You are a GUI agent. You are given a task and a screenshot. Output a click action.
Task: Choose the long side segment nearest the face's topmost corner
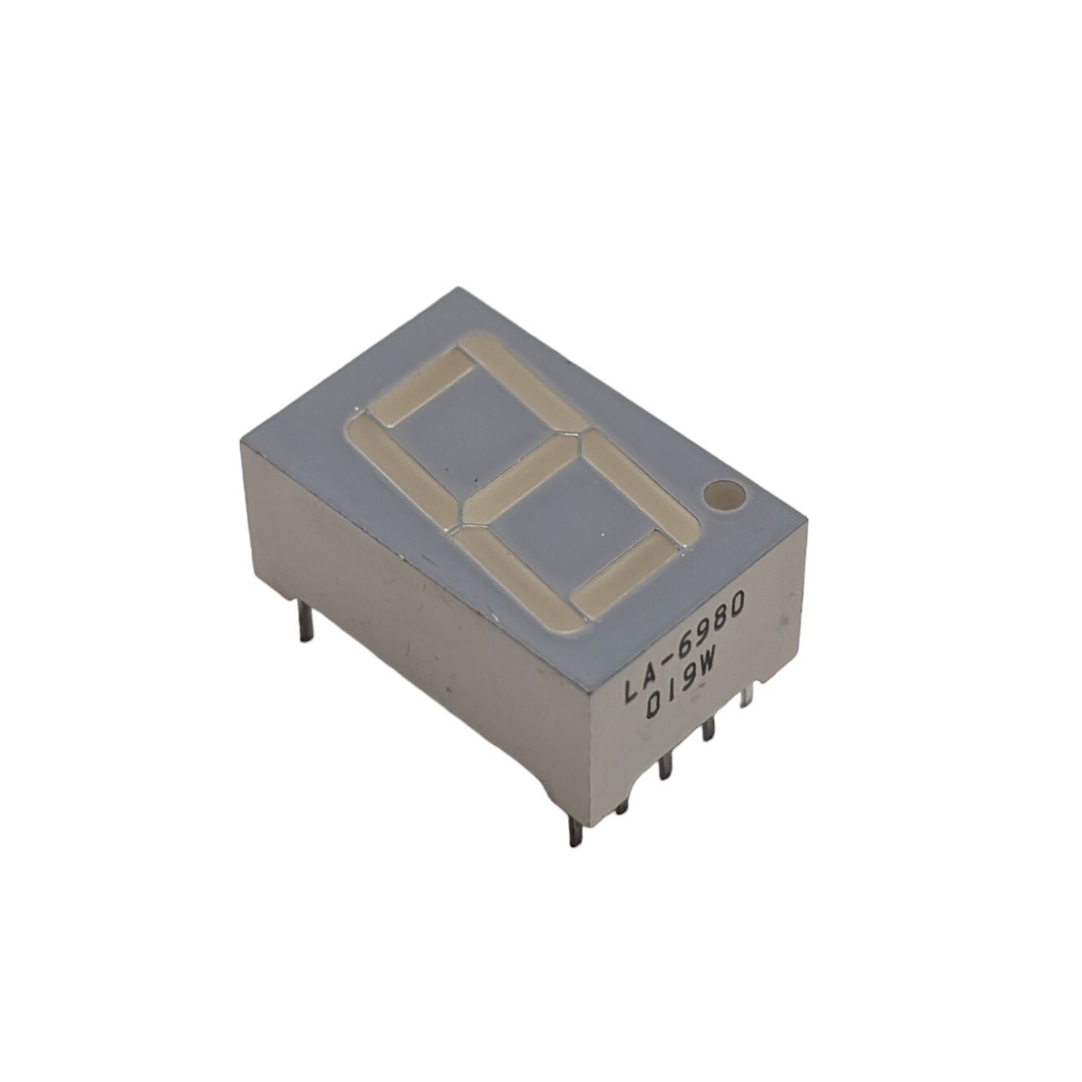[523, 385]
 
